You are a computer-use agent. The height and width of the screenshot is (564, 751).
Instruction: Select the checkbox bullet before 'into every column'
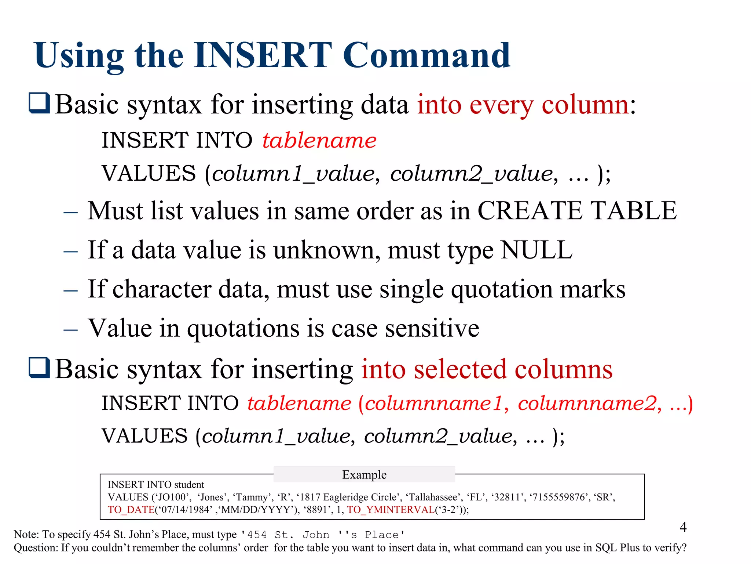pos(39,103)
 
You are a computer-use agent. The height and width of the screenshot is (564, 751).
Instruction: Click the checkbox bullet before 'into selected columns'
pos(39,368)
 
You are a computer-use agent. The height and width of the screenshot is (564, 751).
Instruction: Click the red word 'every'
pos(501,105)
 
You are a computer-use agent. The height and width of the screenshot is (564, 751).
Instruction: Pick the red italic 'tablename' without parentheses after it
pos(319,141)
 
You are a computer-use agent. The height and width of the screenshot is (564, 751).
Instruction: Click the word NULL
pos(536,250)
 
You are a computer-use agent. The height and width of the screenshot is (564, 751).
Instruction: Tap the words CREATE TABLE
pos(577,211)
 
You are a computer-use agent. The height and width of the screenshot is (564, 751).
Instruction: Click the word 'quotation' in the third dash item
pos(502,289)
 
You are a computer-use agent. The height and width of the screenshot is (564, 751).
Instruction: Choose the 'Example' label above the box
pos(364,474)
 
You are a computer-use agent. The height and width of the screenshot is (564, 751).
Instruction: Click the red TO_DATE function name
pos(131,510)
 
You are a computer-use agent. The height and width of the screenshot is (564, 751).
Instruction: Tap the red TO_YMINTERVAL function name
pos(391,510)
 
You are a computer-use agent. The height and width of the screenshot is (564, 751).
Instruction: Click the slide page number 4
pos(683,527)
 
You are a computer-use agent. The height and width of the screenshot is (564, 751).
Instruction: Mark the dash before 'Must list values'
pos(70,213)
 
